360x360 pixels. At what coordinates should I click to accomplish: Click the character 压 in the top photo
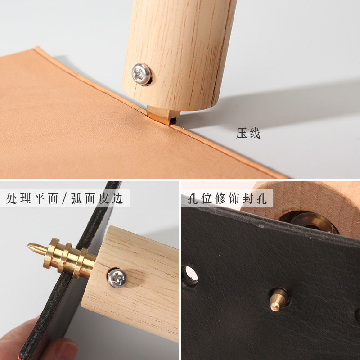(x=242, y=134)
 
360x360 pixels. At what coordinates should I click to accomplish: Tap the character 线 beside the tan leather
(x=255, y=134)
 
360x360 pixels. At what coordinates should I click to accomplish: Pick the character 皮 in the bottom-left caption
(x=104, y=198)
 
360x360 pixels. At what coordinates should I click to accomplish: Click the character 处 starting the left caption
(x=13, y=198)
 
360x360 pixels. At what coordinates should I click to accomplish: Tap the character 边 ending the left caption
(x=117, y=198)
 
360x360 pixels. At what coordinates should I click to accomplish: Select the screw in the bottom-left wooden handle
(x=117, y=278)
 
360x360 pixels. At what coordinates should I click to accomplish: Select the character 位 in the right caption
(x=207, y=198)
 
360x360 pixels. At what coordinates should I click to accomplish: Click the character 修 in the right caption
(x=220, y=198)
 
